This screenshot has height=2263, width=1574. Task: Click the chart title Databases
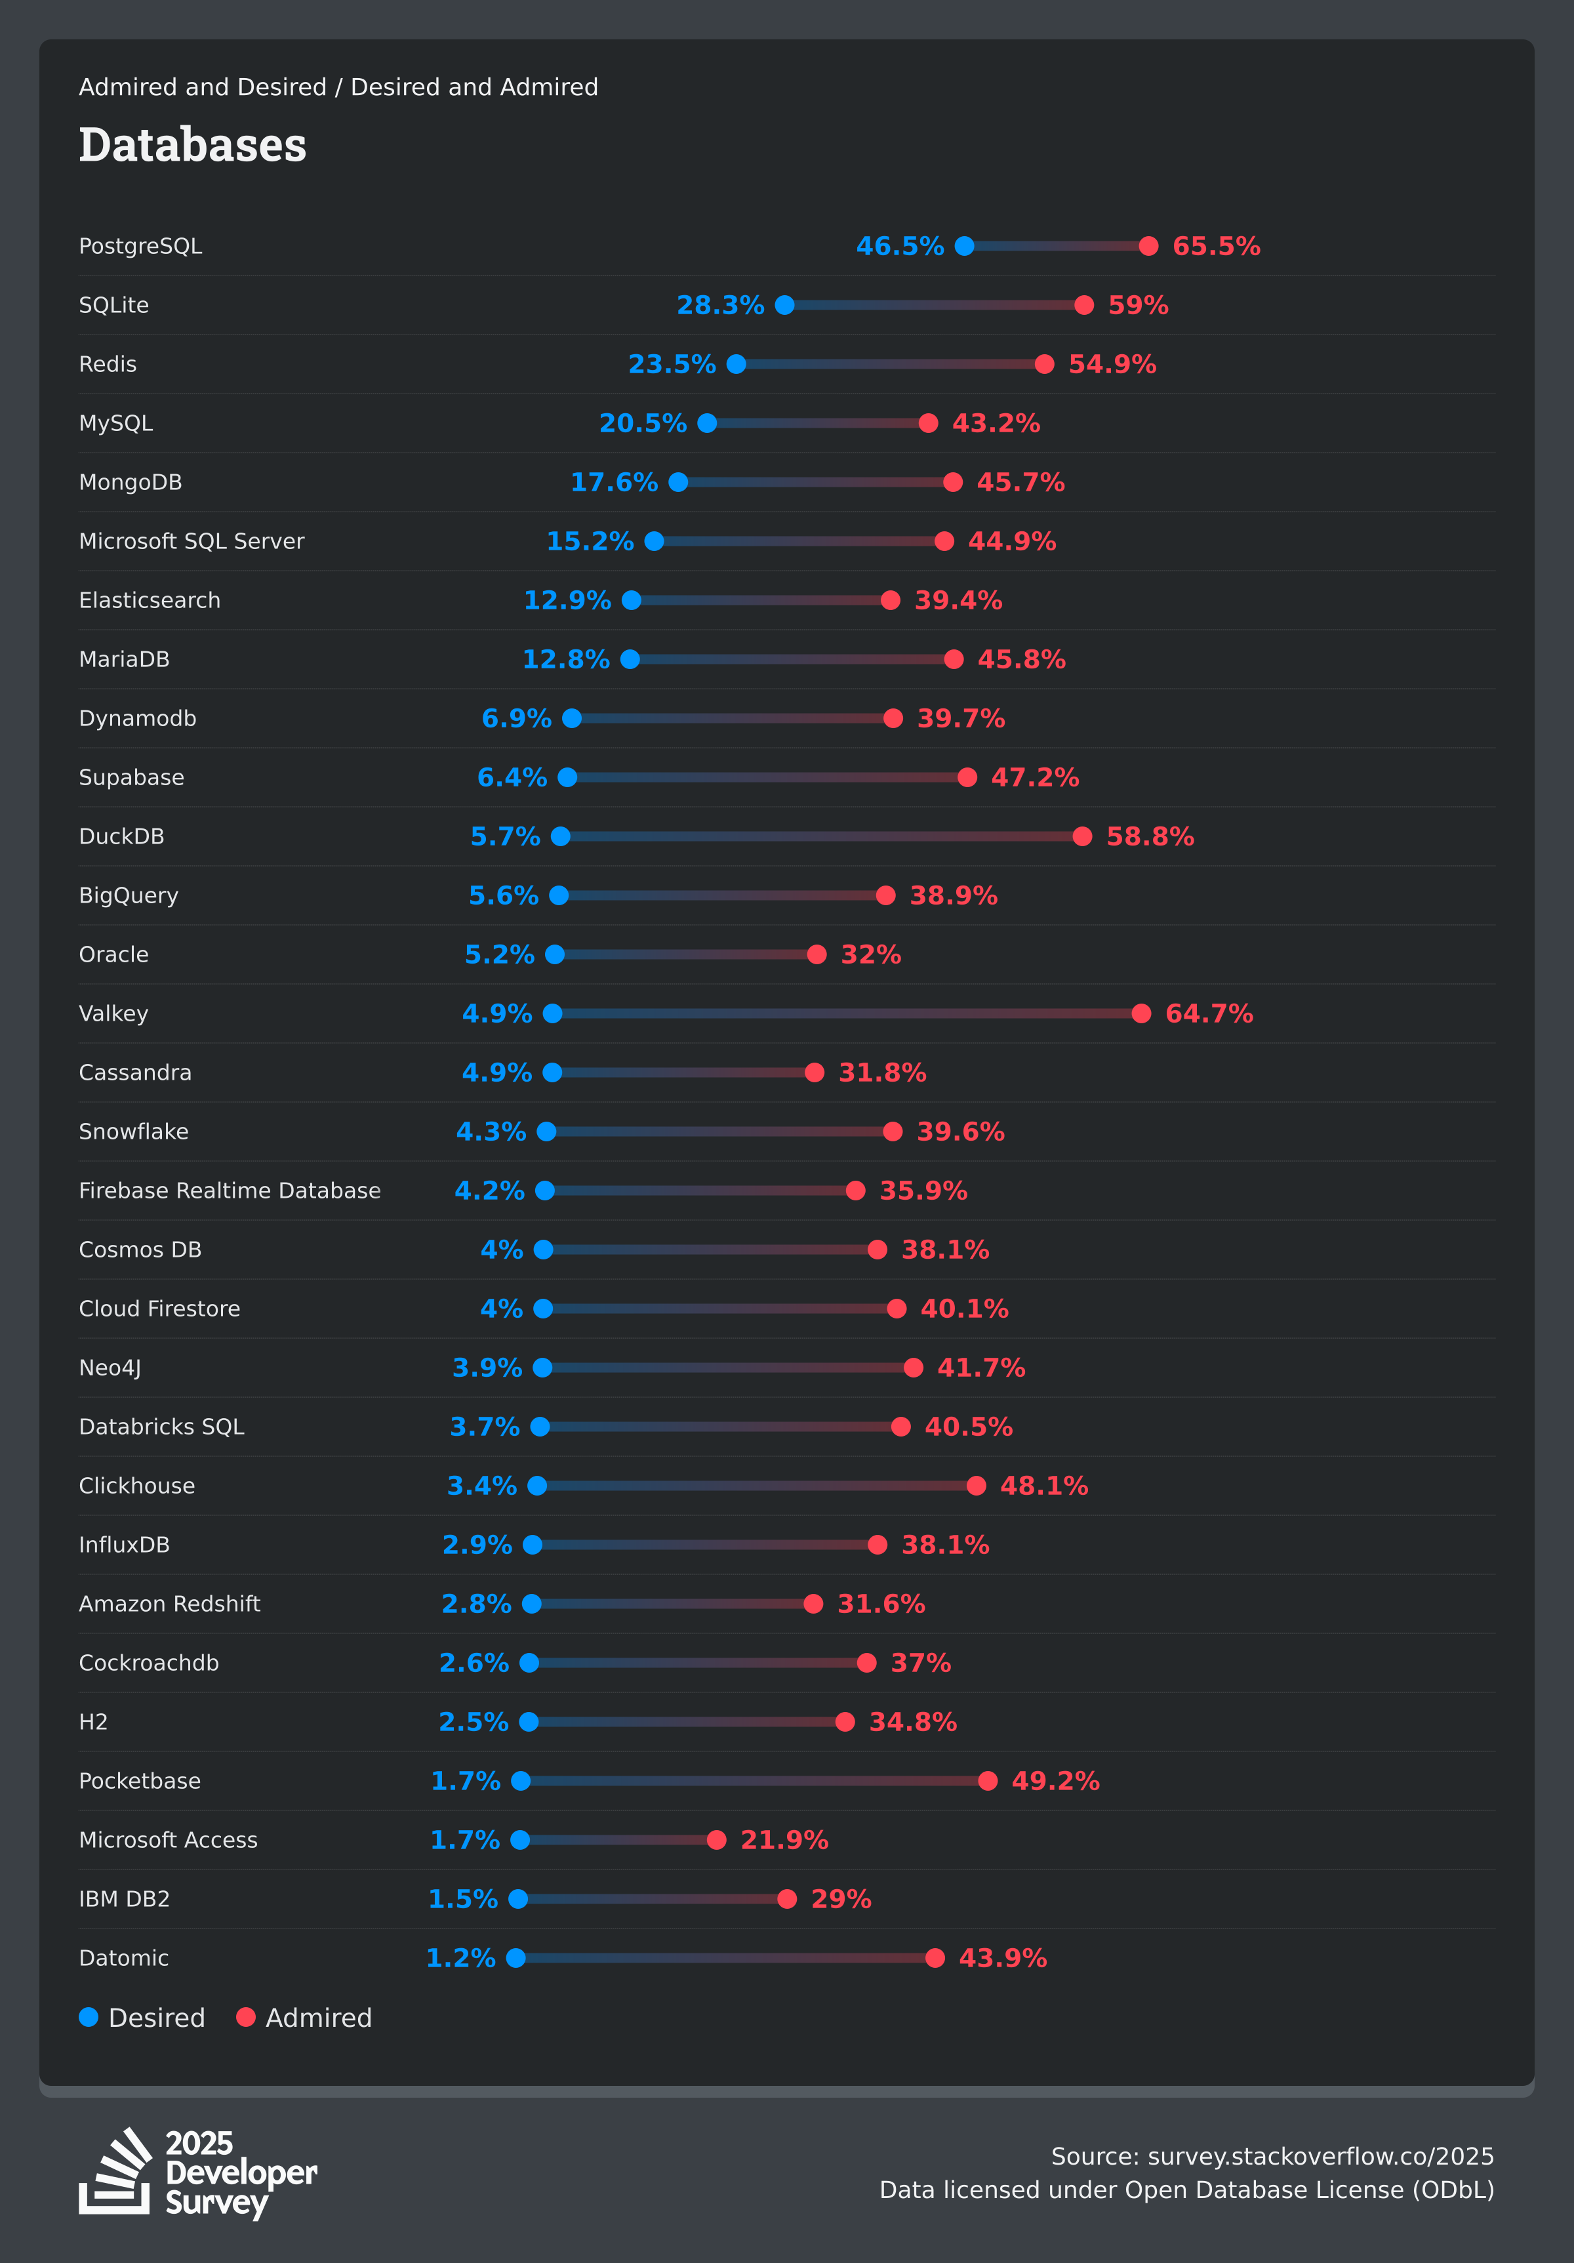tap(192, 145)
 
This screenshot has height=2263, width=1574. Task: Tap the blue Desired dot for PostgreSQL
tap(965, 247)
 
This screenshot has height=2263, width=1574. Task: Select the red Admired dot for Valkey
tap(1141, 1013)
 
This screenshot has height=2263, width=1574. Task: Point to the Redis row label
tap(108, 365)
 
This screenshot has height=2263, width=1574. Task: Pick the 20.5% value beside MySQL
tap(643, 424)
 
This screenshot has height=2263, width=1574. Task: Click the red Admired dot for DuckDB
tap(1082, 837)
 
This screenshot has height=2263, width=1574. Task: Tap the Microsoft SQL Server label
tap(192, 541)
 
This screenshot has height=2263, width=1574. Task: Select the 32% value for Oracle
tap(870, 955)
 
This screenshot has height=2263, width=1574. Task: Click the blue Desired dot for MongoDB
tap(678, 482)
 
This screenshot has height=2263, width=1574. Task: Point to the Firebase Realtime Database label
tap(230, 1191)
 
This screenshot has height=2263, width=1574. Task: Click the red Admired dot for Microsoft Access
tap(717, 1840)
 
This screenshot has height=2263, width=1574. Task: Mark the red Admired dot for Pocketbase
tap(988, 1781)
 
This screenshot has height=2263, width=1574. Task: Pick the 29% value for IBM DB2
tap(841, 1900)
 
